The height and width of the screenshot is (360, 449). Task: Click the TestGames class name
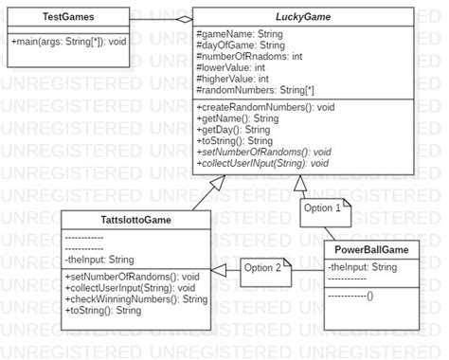click(67, 17)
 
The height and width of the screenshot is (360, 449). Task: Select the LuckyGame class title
click(303, 17)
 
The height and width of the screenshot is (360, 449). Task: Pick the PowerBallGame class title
click(370, 249)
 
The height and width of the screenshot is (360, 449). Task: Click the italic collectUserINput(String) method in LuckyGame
click(263, 163)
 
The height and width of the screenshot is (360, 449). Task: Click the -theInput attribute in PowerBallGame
click(360, 267)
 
